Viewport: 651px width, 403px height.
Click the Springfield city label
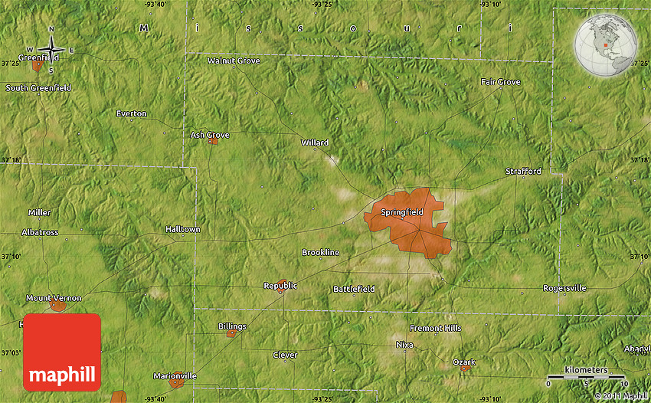(402, 212)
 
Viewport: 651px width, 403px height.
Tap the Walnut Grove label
(234, 61)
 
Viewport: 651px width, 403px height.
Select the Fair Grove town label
(500, 82)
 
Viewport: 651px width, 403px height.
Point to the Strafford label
(523, 172)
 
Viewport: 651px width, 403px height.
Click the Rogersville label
(564, 288)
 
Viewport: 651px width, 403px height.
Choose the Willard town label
(315, 143)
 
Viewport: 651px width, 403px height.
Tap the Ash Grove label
(210, 135)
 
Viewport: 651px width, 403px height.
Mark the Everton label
(131, 113)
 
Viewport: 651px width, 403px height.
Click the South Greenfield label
(38, 88)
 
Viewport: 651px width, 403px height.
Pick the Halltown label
(182, 229)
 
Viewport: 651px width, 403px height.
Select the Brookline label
(320, 252)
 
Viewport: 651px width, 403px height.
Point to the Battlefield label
(354, 289)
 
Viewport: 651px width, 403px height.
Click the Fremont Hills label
(436, 328)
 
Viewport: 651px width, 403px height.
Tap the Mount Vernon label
(49, 297)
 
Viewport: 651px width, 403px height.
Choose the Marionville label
(175, 375)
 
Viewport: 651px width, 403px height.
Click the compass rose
(51, 50)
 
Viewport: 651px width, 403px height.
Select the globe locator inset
(606, 43)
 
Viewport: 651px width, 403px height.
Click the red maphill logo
(62, 352)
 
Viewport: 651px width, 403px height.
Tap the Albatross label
(40, 232)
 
